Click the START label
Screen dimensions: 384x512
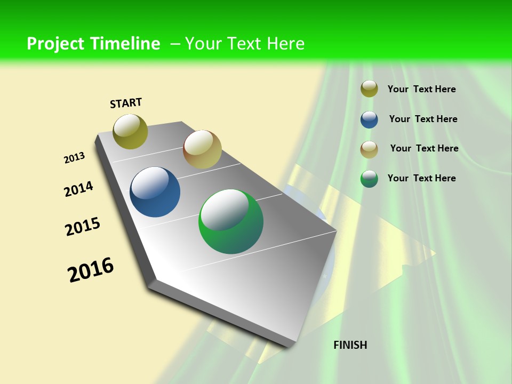pos(126,103)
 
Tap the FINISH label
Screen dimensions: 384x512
pos(350,345)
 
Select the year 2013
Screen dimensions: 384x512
pos(74,158)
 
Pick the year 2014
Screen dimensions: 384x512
pos(78,189)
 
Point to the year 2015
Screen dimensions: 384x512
pos(83,227)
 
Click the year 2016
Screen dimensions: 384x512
pos(91,270)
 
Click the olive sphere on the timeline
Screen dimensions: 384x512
pos(130,131)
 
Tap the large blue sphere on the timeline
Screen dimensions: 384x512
pos(155,192)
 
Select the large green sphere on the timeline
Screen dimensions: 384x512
pos(231,221)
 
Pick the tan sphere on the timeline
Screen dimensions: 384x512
pos(202,149)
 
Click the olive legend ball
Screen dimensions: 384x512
pos(369,89)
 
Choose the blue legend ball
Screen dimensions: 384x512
pos(369,119)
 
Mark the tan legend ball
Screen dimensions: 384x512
pos(369,149)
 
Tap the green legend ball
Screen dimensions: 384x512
pos(369,179)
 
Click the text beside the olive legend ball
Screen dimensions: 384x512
pos(421,89)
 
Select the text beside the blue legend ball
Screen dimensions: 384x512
pos(423,119)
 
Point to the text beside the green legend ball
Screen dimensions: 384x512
pos(421,178)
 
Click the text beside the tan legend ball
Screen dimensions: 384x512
pos(424,148)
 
